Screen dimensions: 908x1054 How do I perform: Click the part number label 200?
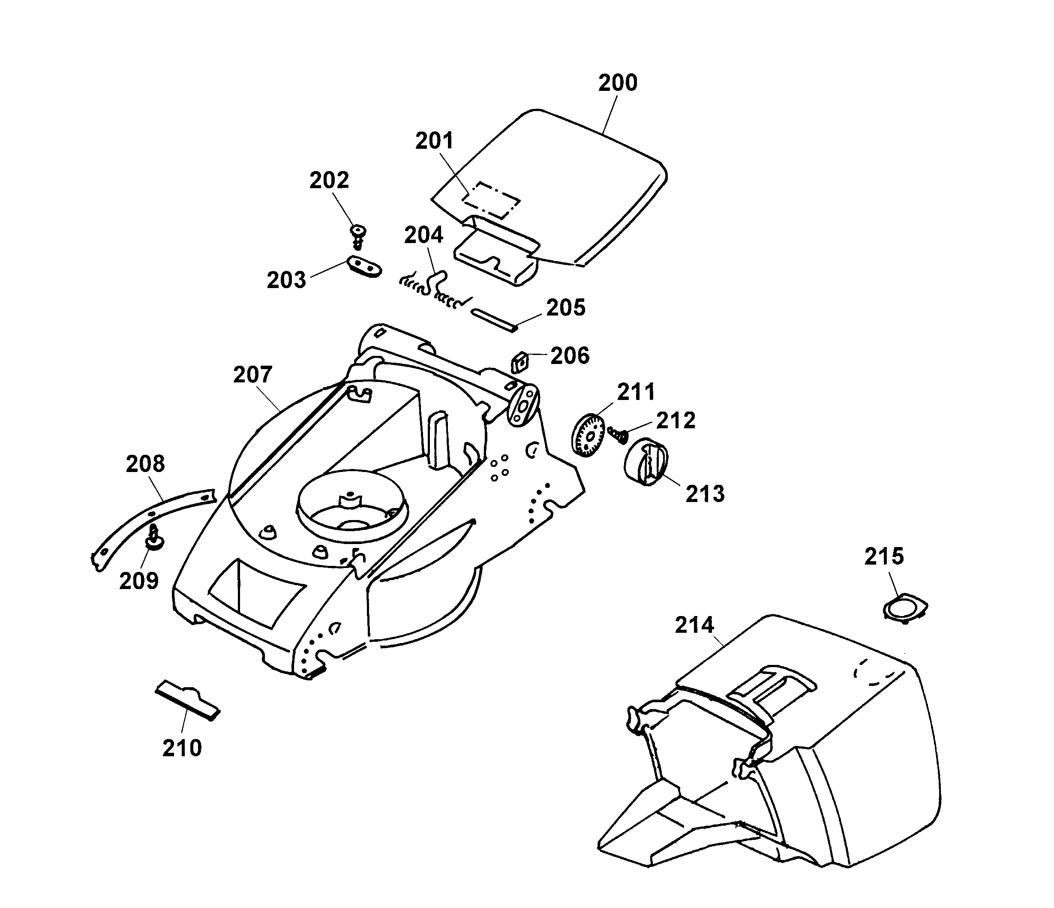pos(617,83)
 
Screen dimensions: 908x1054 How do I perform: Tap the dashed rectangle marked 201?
pos(492,199)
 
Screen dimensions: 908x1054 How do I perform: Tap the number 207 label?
pos(253,375)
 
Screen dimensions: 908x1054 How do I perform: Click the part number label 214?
pos(694,625)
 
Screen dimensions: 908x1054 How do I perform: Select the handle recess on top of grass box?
pos(773,684)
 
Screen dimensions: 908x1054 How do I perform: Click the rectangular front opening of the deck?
pos(257,592)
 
